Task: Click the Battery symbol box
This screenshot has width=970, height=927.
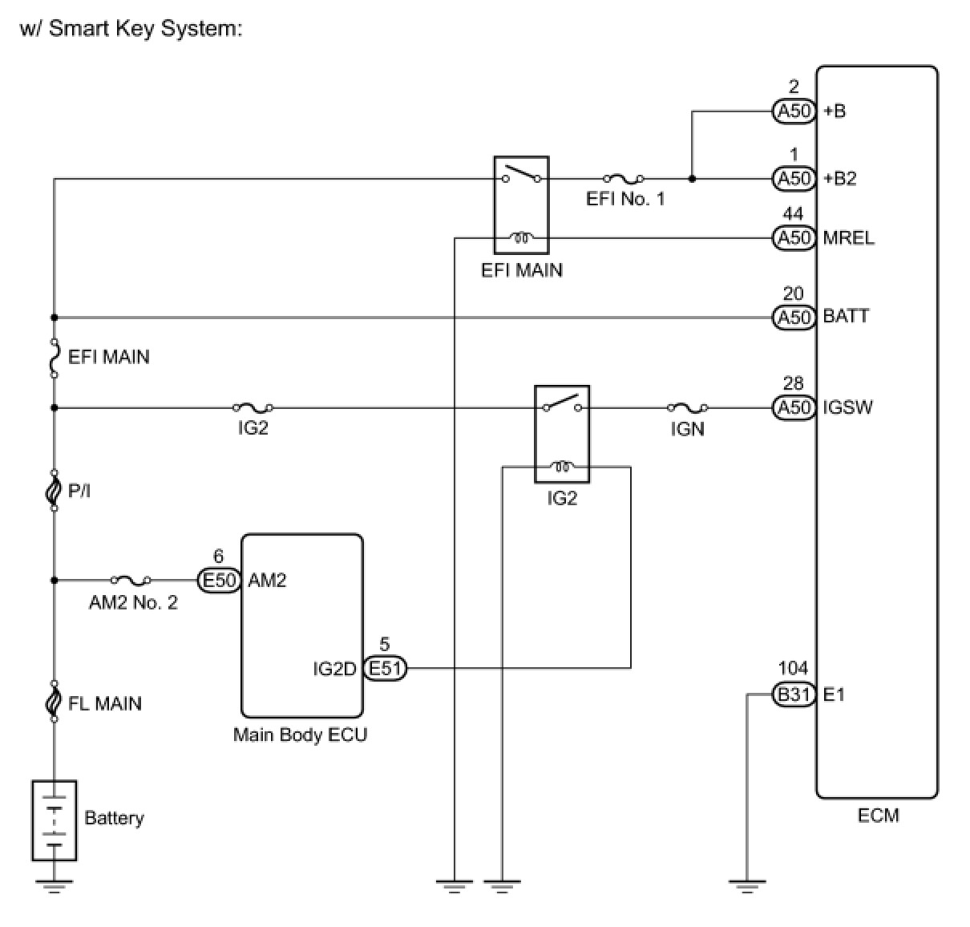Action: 54,820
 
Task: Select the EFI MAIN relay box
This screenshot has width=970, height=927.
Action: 521,206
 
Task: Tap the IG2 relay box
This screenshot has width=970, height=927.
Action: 561,434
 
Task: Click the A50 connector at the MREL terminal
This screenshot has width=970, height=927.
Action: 794,238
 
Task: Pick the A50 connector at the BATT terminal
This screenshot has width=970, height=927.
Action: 794,318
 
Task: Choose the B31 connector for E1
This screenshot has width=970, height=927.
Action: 794,694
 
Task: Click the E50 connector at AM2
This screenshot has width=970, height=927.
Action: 219,581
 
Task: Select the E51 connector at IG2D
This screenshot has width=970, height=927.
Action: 385,668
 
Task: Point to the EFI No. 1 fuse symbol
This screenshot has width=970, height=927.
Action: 623,179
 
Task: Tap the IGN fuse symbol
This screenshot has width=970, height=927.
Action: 687,408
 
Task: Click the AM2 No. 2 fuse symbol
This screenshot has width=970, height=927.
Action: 131,580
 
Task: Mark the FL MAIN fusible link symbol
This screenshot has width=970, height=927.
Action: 54,702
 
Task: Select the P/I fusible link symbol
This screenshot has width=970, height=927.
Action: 54,489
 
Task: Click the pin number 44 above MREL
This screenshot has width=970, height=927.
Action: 793,214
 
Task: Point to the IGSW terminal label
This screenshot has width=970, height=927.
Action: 847,407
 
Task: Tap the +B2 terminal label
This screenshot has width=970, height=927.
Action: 839,178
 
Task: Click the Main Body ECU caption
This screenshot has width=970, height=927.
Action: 300,735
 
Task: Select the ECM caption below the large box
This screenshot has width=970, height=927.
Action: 878,816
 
